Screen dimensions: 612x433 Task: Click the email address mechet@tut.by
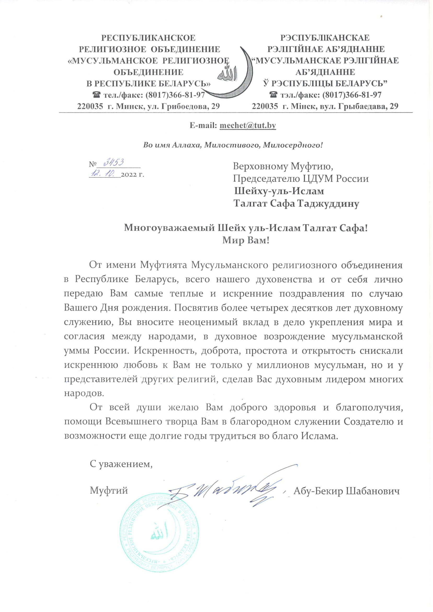[247, 125]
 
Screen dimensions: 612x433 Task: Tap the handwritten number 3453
[113, 162]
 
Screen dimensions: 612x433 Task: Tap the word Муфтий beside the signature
[109, 491]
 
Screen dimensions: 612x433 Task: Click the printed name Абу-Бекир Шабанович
[346, 491]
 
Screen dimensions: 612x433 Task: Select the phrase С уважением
[121, 464]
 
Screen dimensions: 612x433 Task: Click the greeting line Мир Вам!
[246, 240]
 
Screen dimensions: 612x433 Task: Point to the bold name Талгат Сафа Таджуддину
[296, 204]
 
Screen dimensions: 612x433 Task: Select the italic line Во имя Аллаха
[233, 145]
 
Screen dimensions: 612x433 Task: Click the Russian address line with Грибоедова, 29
[149, 106]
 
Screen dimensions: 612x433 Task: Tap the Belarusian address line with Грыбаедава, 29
[325, 106]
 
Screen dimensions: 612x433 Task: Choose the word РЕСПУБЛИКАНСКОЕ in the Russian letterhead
[148, 38]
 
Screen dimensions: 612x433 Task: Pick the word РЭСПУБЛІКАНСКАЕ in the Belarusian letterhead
[325, 38]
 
